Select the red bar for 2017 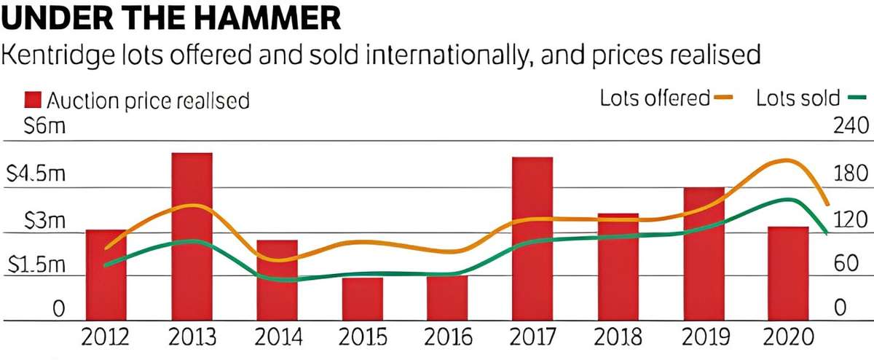pyautogui.click(x=532, y=238)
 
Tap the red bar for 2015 pyautogui.click(x=362, y=298)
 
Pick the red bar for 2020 pyautogui.click(x=788, y=273)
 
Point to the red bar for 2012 pyautogui.click(x=106, y=274)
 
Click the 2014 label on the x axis pyautogui.click(x=277, y=338)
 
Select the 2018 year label pyautogui.click(x=617, y=338)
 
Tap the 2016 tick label pyautogui.click(x=447, y=338)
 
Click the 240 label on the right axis pyautogui.click(x=849, y=126)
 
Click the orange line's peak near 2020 pyautogui.click(x=785, y=160)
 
